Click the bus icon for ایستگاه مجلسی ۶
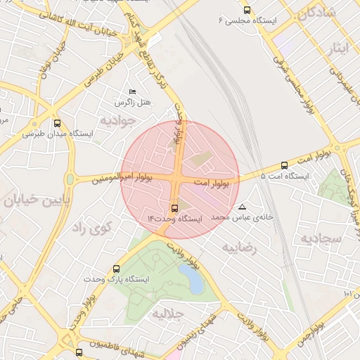tap(246, 10)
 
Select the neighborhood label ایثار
tap(339, 48)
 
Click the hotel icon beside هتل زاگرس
tap(132, 92)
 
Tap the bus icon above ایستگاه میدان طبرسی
tap(56, 122)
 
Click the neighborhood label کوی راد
tap(93, 227)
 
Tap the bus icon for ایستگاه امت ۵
tap(284, 165)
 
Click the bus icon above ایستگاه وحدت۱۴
tap(175, 208)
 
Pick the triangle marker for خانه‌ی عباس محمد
tap(243, 207)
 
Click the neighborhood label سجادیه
tap(321, 238)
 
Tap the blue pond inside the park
tap(191, 276)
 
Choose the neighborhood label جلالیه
tap(168, 312)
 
